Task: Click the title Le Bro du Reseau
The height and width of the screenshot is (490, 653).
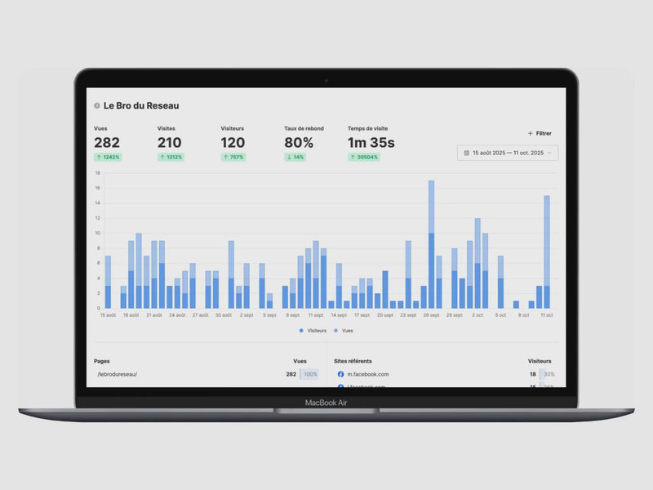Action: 140,105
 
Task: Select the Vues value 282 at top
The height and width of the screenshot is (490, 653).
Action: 107,143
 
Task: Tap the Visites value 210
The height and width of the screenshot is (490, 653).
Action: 170,143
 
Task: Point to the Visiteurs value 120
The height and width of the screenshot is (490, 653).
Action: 233,143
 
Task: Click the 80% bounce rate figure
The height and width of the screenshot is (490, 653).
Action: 299,143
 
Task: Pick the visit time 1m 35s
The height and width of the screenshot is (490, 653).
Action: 371,143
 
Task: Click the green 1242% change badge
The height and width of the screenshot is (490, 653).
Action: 108,157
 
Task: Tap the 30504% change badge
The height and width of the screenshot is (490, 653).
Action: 364,157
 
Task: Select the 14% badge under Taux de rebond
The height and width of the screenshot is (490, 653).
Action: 295,157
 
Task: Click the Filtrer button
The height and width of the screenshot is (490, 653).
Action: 540,133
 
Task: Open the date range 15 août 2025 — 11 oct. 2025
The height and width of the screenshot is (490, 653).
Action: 508,153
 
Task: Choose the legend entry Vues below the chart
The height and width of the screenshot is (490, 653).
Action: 344,331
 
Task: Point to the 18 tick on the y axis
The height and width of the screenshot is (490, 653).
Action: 97,173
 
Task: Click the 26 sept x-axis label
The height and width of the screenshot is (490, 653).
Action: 431,314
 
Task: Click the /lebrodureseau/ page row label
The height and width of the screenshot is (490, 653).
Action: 118,374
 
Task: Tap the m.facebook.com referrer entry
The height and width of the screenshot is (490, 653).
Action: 367,374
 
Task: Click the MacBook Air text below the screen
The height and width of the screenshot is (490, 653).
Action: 326,403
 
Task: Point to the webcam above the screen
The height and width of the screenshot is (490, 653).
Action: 326,80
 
